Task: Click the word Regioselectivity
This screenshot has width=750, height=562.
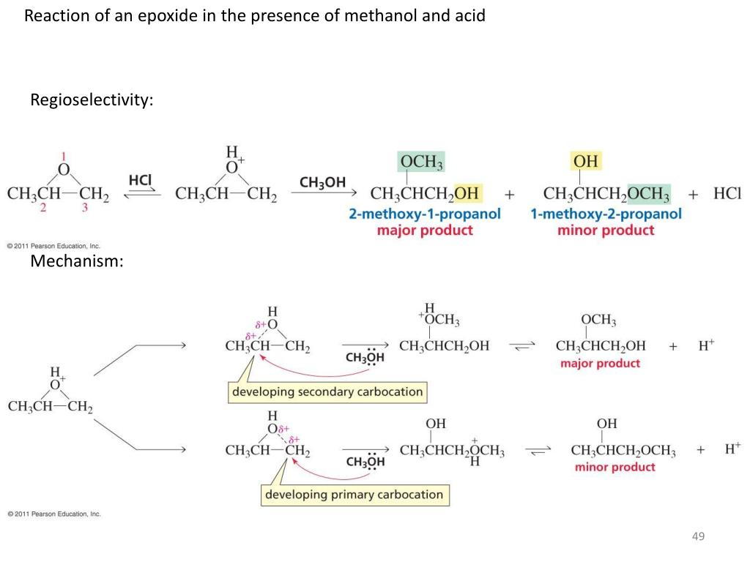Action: [92, 100]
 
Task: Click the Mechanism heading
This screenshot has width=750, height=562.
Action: [77, 261]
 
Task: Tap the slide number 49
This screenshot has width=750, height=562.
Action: [698, 537]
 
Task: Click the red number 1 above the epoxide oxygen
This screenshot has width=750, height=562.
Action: [64, 156]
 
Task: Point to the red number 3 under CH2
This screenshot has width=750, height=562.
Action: [85, 208]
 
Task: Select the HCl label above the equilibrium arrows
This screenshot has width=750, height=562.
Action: [140, 179]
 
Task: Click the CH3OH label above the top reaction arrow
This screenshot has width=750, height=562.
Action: [322, 181]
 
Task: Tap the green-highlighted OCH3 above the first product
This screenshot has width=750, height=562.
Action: [421, 162]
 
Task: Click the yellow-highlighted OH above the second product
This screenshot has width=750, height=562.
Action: [586, 161]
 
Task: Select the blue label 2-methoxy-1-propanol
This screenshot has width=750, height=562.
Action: [425, 214]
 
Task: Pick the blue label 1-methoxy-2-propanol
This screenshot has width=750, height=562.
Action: [606, 214]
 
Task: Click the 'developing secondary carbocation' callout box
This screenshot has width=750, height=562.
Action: [327, 391]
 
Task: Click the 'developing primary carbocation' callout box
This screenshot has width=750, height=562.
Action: [354, 495]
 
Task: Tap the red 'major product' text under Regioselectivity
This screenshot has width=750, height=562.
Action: [425, 231]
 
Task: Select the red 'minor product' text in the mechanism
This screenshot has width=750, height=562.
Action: [615, 468]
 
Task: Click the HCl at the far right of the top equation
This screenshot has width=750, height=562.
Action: [727, 194]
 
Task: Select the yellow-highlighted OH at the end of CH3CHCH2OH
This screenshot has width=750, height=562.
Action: [467, 194]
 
